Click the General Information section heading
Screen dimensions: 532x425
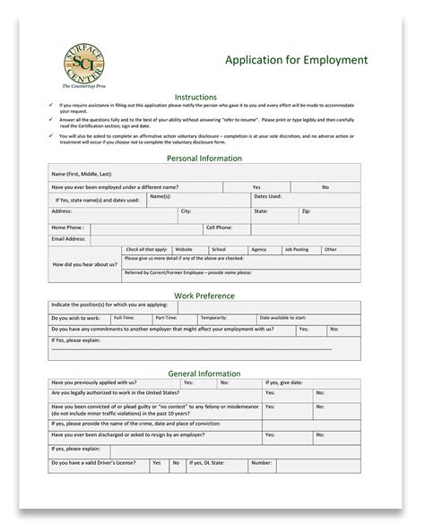point(204,373)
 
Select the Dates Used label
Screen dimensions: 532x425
point(267,196)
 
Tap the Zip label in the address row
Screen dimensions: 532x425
point(306,211)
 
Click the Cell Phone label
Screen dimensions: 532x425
point(219,227)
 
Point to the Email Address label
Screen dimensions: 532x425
point(69,239)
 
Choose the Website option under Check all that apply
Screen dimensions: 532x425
point(184,249)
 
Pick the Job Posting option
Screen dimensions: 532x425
point(295,249)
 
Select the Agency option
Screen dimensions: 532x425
point(258,249)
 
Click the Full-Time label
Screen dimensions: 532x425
point(124,317)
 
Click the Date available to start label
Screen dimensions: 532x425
point(282,317)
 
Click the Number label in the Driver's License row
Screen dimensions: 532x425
point(261,463)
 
